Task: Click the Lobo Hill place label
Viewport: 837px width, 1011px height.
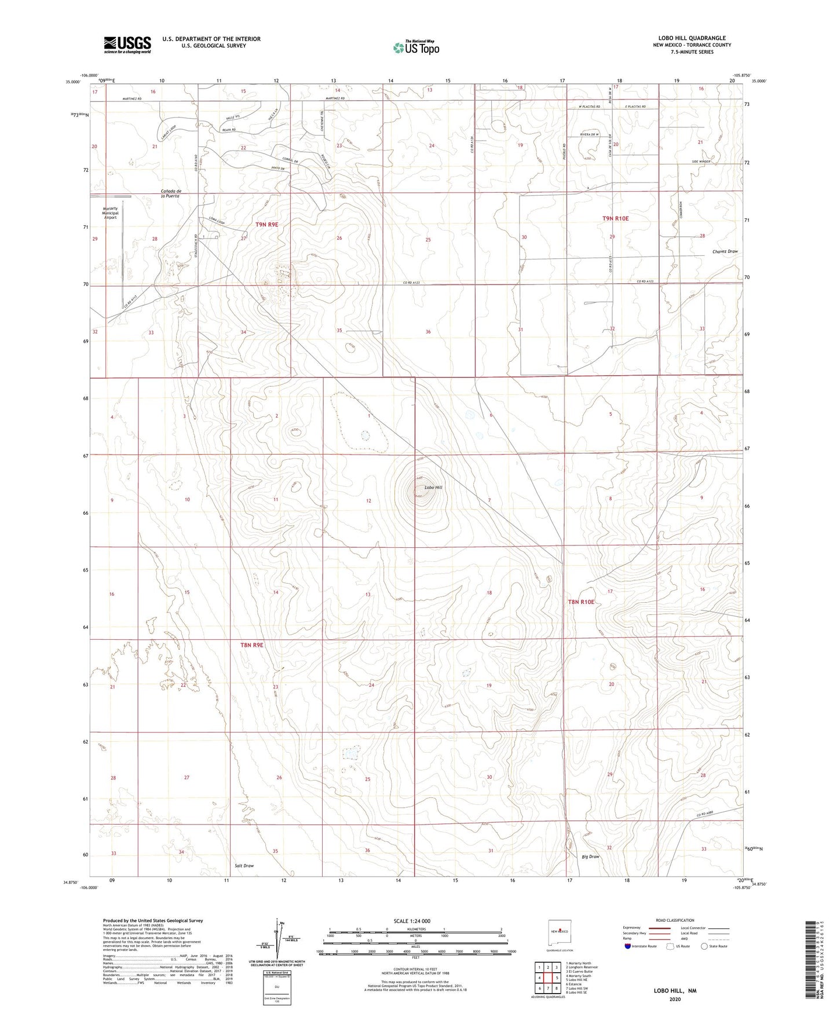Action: point(433,488)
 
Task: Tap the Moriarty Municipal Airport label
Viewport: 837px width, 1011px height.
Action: point(110,213)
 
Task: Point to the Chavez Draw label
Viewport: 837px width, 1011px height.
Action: point(725,252)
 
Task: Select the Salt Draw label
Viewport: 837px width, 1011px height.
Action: point(244,866)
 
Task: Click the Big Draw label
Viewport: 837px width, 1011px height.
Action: point(590,856)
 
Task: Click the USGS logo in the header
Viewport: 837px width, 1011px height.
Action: point(127,45)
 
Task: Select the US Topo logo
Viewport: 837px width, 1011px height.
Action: point(415,47)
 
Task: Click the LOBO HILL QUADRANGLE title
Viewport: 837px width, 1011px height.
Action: point(692,38)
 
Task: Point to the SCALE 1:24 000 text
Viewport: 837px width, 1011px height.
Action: point(412,921)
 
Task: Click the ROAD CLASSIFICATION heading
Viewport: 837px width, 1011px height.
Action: point(675,920)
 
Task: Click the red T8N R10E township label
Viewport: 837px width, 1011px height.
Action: point(581,602)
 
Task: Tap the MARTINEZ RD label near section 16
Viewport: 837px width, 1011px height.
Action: point(132,99)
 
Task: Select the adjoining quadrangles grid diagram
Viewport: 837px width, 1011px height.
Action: point(547,979)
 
